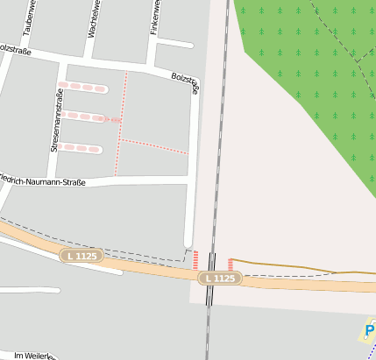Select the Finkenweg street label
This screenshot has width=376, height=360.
155,17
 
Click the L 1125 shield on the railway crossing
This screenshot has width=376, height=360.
219,278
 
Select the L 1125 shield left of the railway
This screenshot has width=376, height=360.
82,256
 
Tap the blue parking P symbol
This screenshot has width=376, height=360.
368,331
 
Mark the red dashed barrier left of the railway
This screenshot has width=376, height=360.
195,260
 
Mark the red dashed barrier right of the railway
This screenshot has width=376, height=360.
230,264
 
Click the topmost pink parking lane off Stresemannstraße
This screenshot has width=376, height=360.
83,88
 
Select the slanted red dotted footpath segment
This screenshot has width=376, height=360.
153,146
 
